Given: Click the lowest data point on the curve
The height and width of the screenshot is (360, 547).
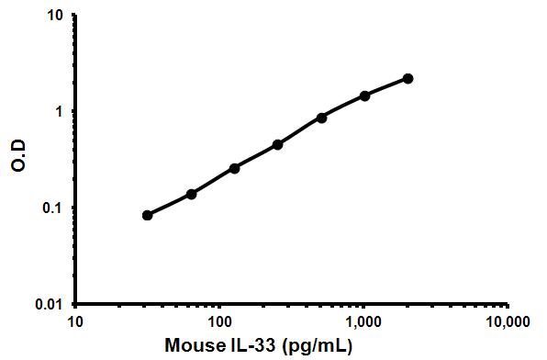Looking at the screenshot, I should coord(148,215).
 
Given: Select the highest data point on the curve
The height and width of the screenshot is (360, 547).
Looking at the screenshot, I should coord(408,79).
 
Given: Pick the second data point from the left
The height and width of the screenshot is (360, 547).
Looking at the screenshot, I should coord(191,194).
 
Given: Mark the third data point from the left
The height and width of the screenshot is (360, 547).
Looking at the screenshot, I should coord(235,168).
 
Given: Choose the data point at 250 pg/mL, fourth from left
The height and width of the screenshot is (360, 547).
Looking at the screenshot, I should coord(278,144).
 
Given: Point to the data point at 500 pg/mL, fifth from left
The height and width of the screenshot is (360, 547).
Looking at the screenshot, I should coord(321,118).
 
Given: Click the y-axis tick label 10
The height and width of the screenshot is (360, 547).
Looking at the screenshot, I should coord(56,16).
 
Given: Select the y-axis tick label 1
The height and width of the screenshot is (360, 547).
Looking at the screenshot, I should coord(59,112).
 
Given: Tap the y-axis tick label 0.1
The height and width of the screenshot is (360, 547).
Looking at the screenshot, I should coord(53,208).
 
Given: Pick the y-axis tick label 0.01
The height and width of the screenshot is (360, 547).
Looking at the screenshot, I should coord(50,304).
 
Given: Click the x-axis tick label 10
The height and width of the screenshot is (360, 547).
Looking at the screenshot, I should coord(76,321).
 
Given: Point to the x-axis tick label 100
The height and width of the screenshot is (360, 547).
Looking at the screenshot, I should coord(220,321).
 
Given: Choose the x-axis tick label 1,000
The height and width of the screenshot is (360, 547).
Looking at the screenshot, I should coord(364,321).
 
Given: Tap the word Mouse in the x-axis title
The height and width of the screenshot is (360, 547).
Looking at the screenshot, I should coord(192,347).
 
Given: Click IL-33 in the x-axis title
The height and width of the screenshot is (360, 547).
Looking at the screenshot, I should coord(250,347).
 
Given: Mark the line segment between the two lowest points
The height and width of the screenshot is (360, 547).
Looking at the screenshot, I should coord(170,205).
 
